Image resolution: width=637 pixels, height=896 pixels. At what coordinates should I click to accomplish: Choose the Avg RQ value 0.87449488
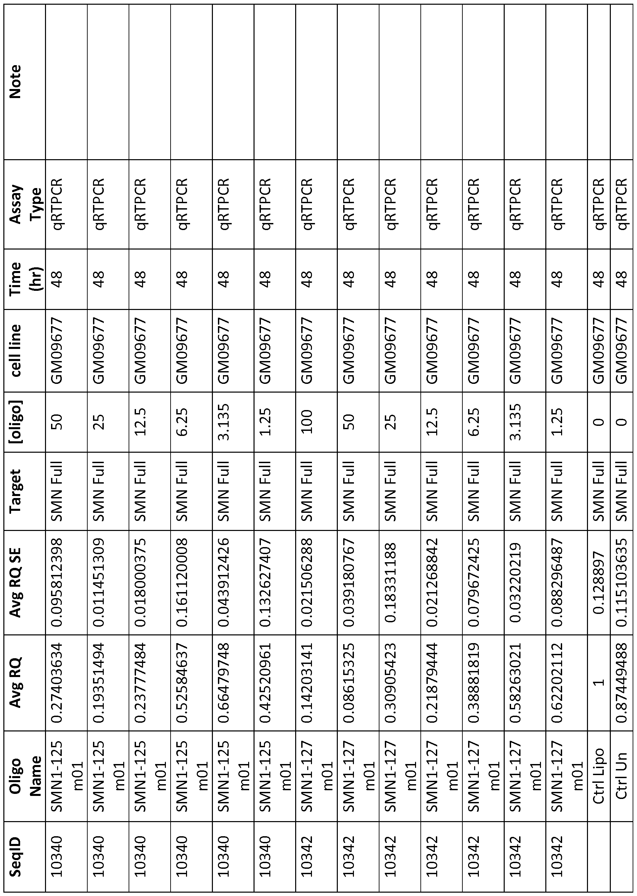(622, 683)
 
